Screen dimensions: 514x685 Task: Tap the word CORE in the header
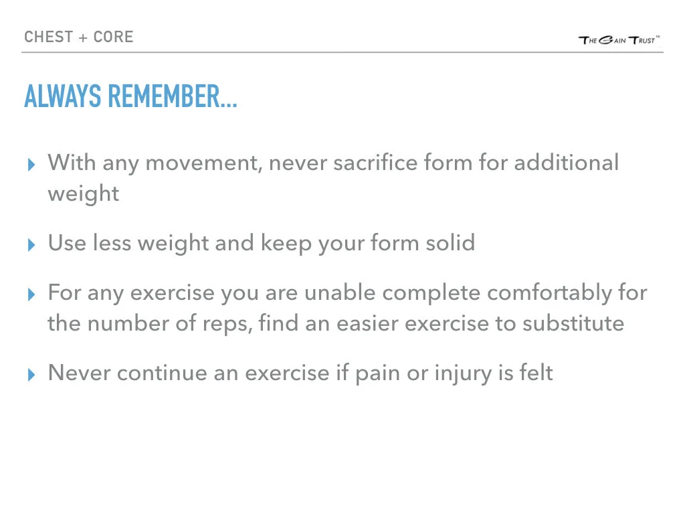pyautogui.click(x=113, y=36)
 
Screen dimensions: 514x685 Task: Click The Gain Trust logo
pyautogui.click(x=619, y=40)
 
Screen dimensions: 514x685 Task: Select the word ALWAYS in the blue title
pyautogui.click(x=64, y=98)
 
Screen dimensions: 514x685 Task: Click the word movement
pyautogui.click(x=203, y=163)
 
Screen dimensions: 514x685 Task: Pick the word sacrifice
pyautogui.click(x=368, y=163)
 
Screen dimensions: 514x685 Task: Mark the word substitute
pyautogui.click(x=573, y=324)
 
